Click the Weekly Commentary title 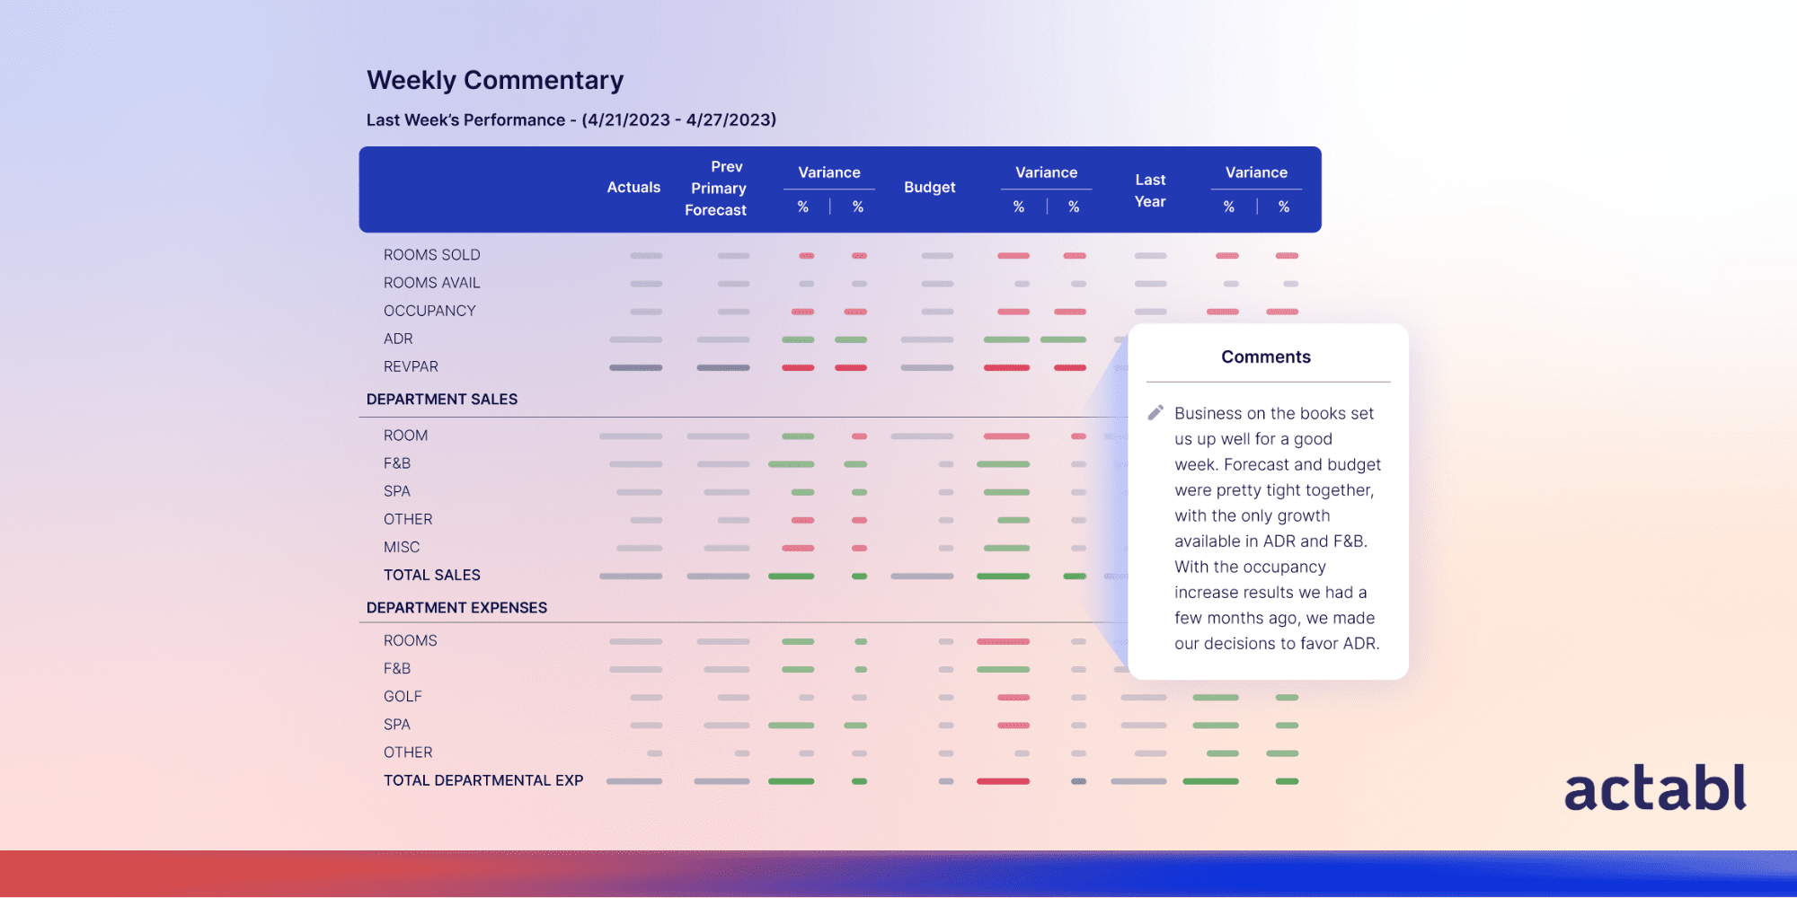pyautogui.click(x=495, y=81)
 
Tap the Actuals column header pyautogui.click(x=633, y=188)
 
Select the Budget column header pyautogui.click(x=929, y=188)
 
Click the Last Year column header pyautogui.click(x=1150, y=190)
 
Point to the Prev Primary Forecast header pyautogui.click(x=717, y=189)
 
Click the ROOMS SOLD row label pyautogui.click(x=431, y=255)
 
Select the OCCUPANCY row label pyautogui.click(x=429, y=311)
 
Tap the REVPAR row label pyautogui.click(x=411, y=366)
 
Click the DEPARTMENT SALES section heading pyautogui.click(x=442, y=400)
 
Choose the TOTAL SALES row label pyautogui.click(x=431, y=575)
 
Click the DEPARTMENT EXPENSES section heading pyautogui.click(x=456, y=608)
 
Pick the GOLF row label pyautogui.click(x=403, y=697)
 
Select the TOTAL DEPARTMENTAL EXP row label pyautogui.click(x=483, y=780)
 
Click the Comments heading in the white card pyautogui.click(x=1265, y=357)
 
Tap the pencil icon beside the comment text pyautogui.click(x=1155, y=413)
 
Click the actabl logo pyautogui.click(x=1655, y=788)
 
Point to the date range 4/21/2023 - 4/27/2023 pyautogui.click(x=679, y=120)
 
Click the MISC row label pyautogui.click(x=401, y=547)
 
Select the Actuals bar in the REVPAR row pyautogui.click(x=635, y=367)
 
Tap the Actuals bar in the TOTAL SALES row pyautogui.click(x=631, y=576)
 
